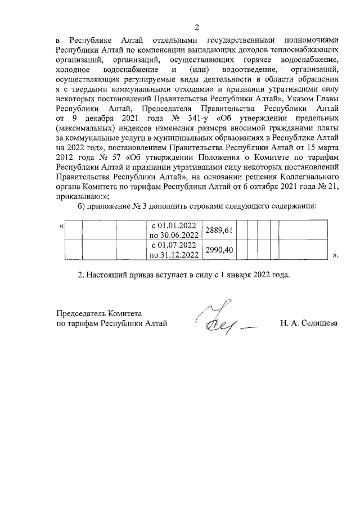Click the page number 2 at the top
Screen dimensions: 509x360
tap(197, 27)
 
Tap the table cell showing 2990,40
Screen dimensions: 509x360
tap(221, 250)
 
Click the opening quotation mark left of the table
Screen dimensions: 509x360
tap(61, 226)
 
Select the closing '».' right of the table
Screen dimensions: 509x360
tap(336, 255)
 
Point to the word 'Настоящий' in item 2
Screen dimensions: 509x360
tap(112, 276)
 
